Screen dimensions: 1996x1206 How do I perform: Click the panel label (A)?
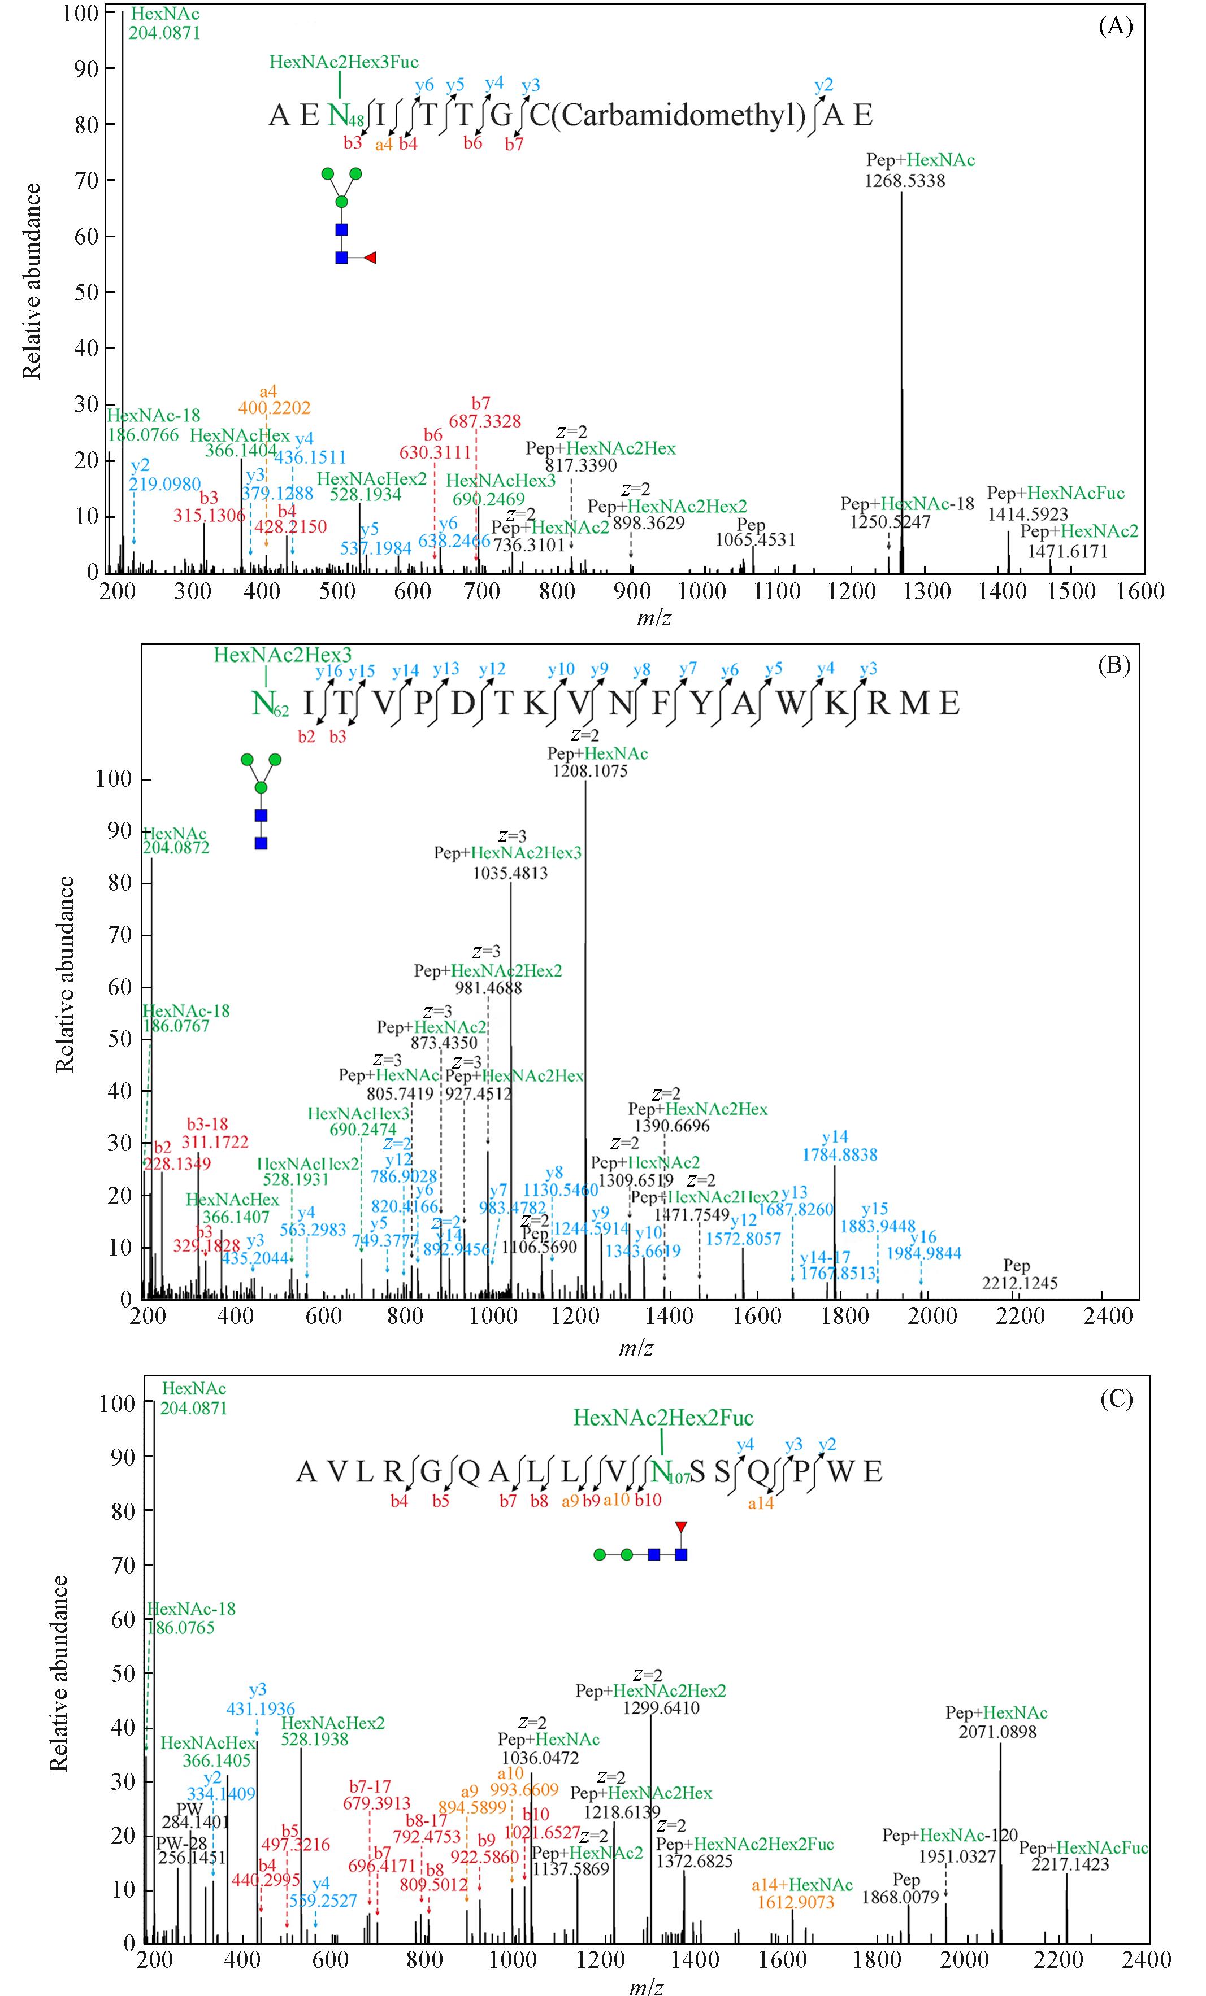pos(1114,27)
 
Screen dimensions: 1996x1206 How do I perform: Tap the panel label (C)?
pos(1115,1400)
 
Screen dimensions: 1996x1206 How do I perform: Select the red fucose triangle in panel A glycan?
pos(370,258)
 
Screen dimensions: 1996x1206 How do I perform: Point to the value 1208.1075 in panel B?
pos(589,771)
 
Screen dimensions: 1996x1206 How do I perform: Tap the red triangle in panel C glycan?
pos(682,1527)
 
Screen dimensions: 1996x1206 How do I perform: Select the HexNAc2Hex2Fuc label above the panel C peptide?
pos(663,1418)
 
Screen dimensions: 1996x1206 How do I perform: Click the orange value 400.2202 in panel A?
pos(274,407)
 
